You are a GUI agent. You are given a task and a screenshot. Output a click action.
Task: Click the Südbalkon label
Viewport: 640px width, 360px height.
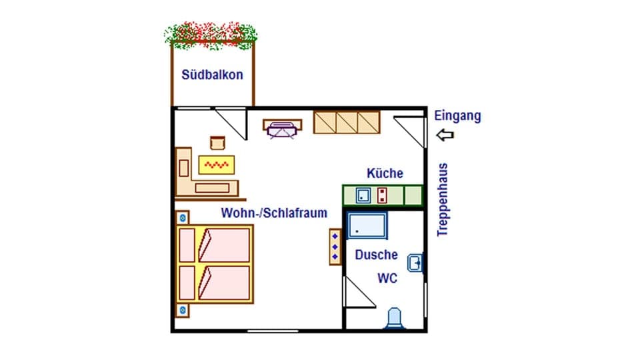212,75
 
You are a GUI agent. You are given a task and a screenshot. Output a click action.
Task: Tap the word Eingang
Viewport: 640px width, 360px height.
457,116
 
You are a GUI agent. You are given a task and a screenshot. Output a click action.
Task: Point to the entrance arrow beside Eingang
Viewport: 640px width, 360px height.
445,135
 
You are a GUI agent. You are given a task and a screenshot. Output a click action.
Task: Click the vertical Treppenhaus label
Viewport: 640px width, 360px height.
442,199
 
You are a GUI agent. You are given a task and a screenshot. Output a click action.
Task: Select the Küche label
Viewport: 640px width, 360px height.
385,173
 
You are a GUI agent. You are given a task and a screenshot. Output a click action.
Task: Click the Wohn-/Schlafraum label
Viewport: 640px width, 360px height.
274,213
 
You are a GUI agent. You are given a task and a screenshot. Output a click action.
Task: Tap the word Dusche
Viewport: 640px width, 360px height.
376,255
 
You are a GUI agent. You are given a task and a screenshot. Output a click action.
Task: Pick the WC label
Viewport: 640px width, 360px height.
387,278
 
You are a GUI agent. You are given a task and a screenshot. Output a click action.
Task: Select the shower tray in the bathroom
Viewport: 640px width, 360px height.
367,225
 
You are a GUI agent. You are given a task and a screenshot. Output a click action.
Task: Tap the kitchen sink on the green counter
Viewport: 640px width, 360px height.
363,195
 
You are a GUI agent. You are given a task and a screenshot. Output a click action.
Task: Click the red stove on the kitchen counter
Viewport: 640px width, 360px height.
383,195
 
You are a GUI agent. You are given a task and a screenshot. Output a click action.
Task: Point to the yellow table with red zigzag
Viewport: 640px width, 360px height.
217,164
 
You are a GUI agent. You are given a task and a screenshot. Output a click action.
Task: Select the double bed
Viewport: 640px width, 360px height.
215,263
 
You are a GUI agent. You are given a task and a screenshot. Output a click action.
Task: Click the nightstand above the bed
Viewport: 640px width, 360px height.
183,217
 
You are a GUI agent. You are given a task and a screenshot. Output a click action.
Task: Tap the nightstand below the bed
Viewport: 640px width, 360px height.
183,310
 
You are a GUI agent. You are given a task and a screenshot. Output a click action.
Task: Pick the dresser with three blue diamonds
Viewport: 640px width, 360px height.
335,246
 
